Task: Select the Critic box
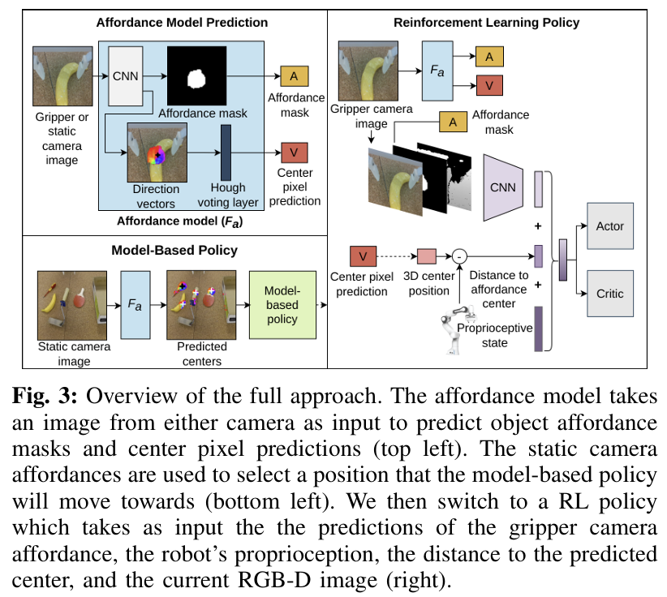[x=609, y=292]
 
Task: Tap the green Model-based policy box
[x=282, y=306]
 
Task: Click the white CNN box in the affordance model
[x=126, y=75]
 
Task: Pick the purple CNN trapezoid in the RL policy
[x=505, y=187]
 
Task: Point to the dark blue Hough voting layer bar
[x=226, y=157]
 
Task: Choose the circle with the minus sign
[x=459, y=257]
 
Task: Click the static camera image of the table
[x=73, y=304]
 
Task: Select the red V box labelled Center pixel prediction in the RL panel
[x=363, y=257]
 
